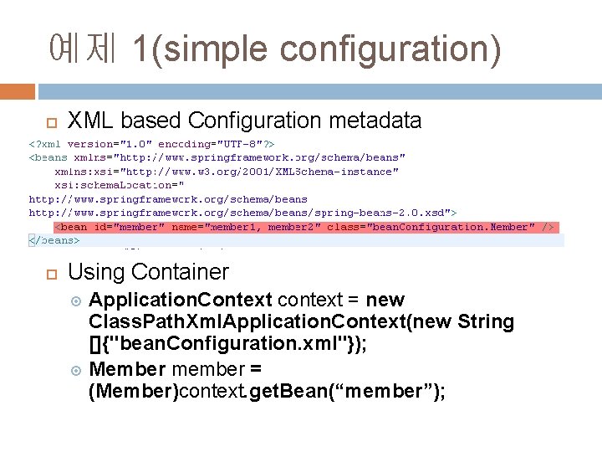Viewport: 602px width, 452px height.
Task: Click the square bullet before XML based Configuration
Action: tap(50, 123)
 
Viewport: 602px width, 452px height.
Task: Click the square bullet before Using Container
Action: tap(50, 273)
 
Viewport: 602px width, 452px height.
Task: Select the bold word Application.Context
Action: tap(181, 300)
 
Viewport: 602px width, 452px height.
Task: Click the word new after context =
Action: tap(385, 300)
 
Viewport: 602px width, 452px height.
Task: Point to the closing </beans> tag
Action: tap(54, 240)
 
